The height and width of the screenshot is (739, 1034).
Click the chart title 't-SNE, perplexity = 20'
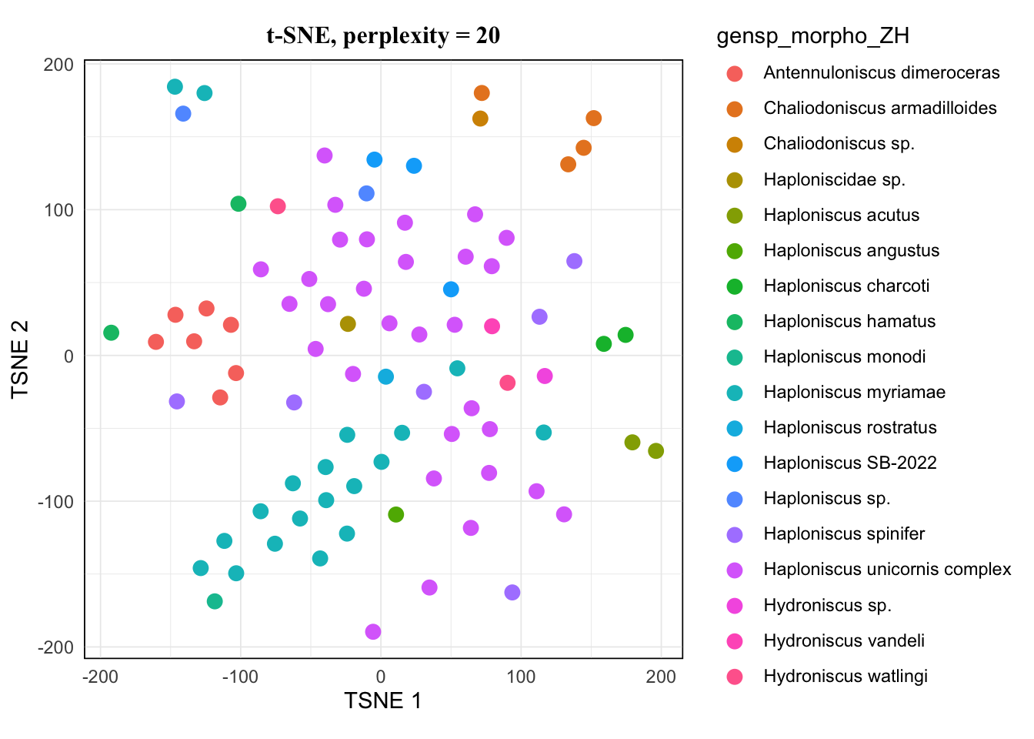[x=383, y=35]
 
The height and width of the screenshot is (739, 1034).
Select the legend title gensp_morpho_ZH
[x=812, y=36]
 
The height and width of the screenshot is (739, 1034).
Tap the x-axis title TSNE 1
[x=382, y=701]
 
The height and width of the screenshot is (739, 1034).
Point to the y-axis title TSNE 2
[x=21, y=359]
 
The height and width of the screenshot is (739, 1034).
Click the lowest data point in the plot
[x=373, y=632]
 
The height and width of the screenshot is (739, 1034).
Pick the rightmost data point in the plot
[x=655, y=451]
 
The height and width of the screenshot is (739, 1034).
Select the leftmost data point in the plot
[x=112, y=333]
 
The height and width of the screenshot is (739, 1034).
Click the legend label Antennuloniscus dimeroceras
[x=881, y=73]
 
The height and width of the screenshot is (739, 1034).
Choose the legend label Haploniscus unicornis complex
[x=887, y=570]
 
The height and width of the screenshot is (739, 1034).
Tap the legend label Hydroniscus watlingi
[x=846, y=677]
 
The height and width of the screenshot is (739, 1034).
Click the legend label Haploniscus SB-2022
[x=850, y=463]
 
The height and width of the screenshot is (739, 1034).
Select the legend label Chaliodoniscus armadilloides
[x=879, y=109]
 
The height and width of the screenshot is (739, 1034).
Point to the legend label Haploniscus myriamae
[x=854, y=393]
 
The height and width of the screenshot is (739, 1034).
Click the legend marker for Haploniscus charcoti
[x=735, y=286]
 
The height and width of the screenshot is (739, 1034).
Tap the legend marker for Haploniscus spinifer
[x=735, y=535]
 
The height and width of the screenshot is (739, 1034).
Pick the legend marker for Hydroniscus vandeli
[x=735, y=641]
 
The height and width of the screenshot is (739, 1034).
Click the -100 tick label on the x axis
[x=240, y=677]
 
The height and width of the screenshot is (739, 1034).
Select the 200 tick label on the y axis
[x=58, y=65]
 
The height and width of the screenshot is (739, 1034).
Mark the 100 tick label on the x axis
[x=521, y=677]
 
